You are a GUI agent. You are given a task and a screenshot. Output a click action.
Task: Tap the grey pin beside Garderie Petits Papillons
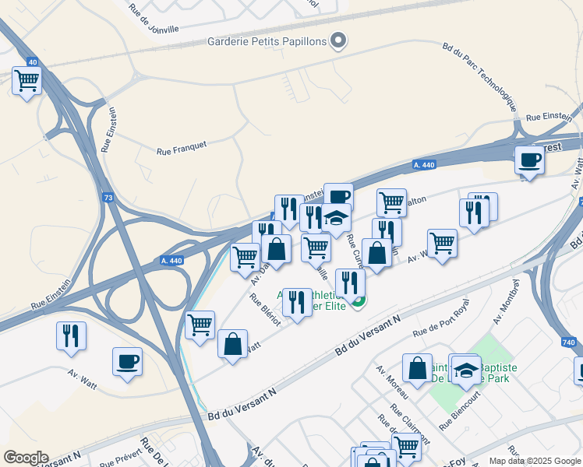[x=338, y=40]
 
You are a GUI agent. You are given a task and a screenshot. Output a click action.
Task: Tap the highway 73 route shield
[x=108, y=198]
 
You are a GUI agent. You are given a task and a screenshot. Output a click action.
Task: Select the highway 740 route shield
[x=568, y=342]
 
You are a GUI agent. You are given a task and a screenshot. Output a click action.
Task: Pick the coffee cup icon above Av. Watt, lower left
[x=128, y=362]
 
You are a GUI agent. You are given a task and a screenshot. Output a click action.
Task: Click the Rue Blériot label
[x=264, y=311]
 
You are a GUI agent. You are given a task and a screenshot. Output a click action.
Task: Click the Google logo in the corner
[x=25, y=458]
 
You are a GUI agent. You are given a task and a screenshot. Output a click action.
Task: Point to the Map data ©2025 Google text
[x=535, y=461]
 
